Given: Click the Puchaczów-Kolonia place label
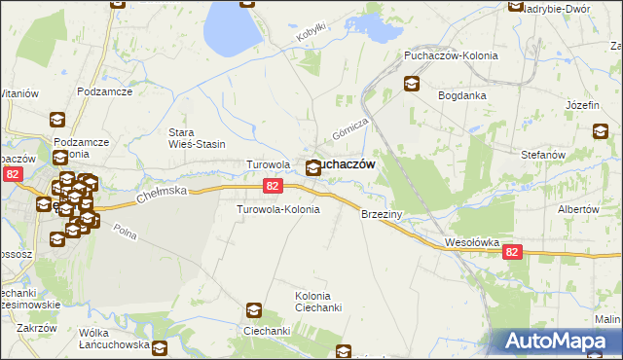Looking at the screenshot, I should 451,55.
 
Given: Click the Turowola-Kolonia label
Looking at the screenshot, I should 278,209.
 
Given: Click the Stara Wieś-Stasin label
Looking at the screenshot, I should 197,138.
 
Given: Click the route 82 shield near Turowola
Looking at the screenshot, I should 273,186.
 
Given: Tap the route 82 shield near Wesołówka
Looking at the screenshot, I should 514,251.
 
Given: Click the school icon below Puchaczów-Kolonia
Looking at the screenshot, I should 412,85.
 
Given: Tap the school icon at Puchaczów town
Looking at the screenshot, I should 312,168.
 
